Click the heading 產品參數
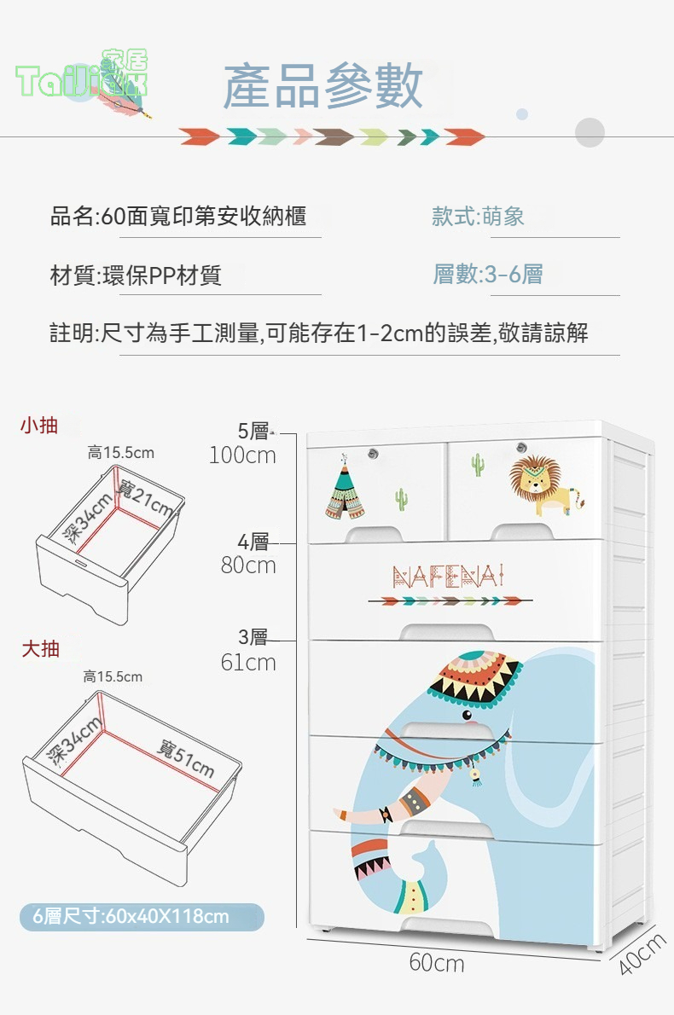pyautogui.click(x=323, y=86)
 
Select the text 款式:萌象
pyautogui.click(x=478, y=216)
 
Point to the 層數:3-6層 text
pyautogui.click(x=487, y=275)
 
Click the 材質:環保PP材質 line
pyautogui.click(x=136, y=275)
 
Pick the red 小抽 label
pyautogui.click(x=39, y=426)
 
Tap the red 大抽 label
pyautogui.click(x=41, y=648)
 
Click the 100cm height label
pyautogui.click(x=243, y=455)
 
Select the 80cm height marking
pyautogui.click(x=248, y=565)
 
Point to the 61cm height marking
pyautogui.click(x=248, y=662)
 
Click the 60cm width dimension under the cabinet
pyautogui.click(x=437, y=963)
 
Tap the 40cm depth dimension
pyautogui.click(x=641, y=954)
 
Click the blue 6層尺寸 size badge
pyautogui.click(x=142, y=917)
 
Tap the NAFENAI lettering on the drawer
pyautogui.click(x=448, y=576)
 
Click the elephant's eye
pyautogui.click(x=467, y=716)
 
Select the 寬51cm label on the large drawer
pyautogui.click(x=185, y=757)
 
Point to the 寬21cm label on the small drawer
pyautogui.click(x=145, y=498)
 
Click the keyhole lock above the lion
pyautogui.click(x=522, y=447)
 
